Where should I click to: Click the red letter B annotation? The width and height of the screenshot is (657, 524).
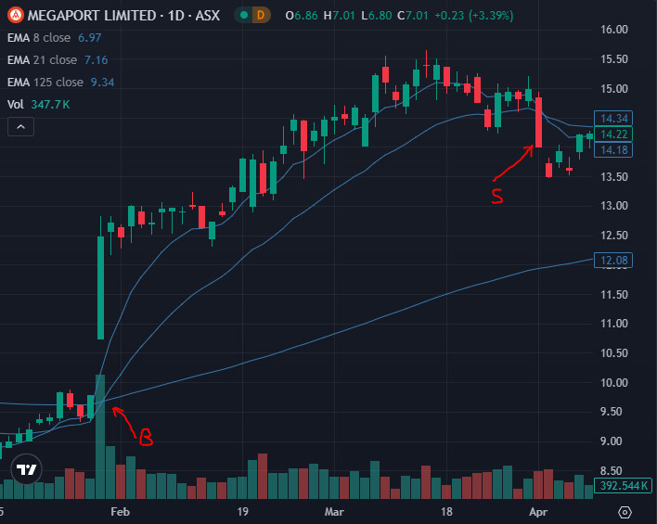(145, 437)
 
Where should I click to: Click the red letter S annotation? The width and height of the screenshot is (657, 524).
(496, 195)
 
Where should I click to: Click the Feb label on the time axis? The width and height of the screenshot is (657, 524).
(120, 511)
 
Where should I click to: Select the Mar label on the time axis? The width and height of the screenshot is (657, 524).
(335, 511)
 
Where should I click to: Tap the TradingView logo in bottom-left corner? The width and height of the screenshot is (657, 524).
(27, 469)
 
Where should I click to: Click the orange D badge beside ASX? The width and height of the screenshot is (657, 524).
(261, 15)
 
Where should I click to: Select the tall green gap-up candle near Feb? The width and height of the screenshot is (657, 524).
(100, 287)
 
